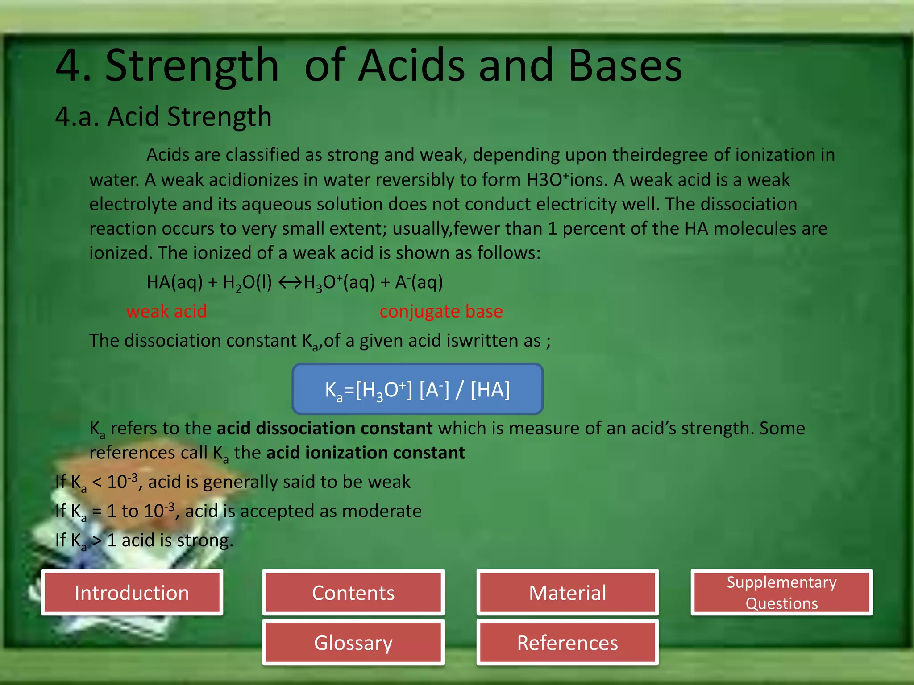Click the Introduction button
pyautogui.click(x=132, y=593)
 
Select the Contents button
pyautogui.click(x=353, y=593)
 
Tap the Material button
pyautogui.click(x=567, y=593)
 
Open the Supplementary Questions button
pyautogui.click(x=781, y=593)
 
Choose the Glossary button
pyautogui.click(x=353, y=643)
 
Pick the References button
pyautogui.click(x=567, y=643)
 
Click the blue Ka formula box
pyautogui.click(x=417, y=389)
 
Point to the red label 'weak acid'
pyautogui.click(x=166, y=311)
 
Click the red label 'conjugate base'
pyautogui.click(x=441, y=311)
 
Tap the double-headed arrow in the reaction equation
pyautogui.click(x=290, y=282)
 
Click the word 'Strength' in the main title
pyautogui.click(x=192, y=66)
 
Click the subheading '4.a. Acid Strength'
pyautogui.click(x=163, y=117)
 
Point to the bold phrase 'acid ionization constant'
pyautogui.click(x=366, y=453)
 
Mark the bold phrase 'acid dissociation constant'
pyautogui.click(x=324, y=428)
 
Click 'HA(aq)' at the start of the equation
pyautogui.click(x=174, y=282)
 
